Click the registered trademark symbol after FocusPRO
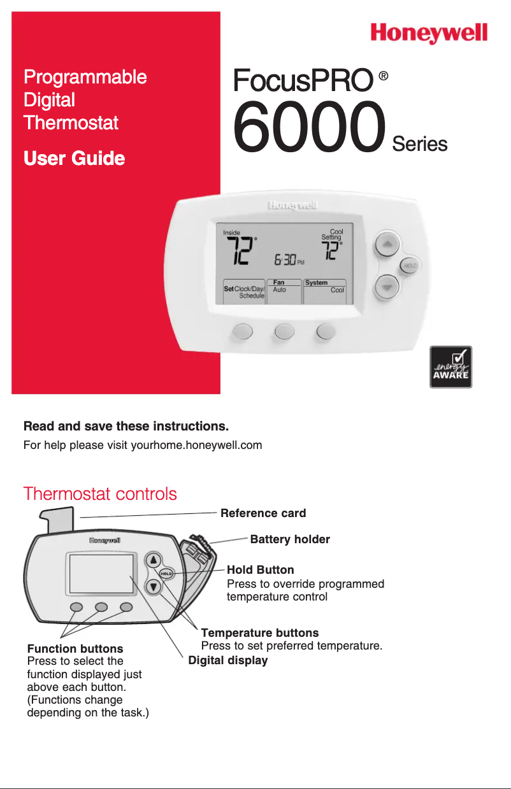[384, 76]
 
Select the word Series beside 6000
[420, 145]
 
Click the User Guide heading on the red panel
[74, 158]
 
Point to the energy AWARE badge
[450, 367]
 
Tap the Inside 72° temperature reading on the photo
[241, 249]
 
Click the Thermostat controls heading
[100, 494]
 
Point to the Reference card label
[263, 513]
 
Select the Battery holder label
[290, 540]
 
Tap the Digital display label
[228, 660]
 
